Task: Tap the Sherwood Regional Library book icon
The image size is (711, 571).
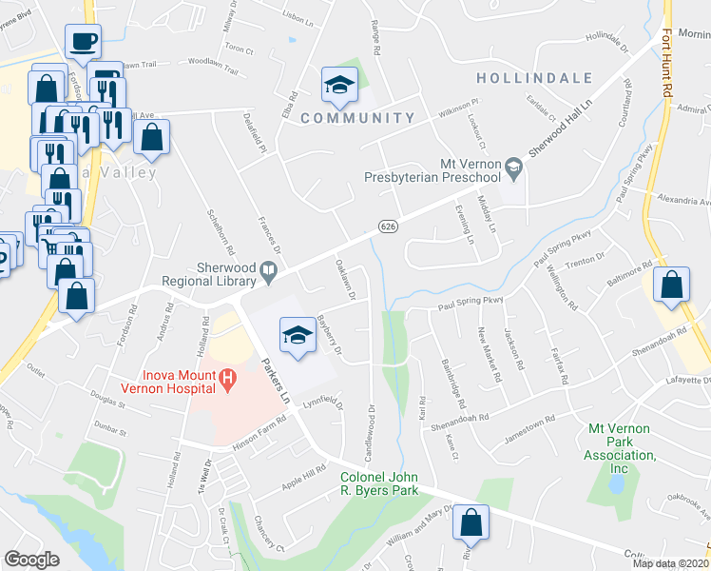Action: point(269,273)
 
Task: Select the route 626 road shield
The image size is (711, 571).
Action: point(386,226)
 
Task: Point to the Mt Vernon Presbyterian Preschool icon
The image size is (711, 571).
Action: point(514,168)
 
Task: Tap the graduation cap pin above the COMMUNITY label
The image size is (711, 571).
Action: point(336,87)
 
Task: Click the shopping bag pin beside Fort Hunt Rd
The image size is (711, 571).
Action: point(672,285)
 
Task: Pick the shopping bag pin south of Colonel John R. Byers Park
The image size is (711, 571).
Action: point(471,523)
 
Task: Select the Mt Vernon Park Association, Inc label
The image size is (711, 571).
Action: point(622,449)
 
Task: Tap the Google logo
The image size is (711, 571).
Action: point(31,560)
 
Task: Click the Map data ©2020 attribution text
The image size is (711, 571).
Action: point(671,563)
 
